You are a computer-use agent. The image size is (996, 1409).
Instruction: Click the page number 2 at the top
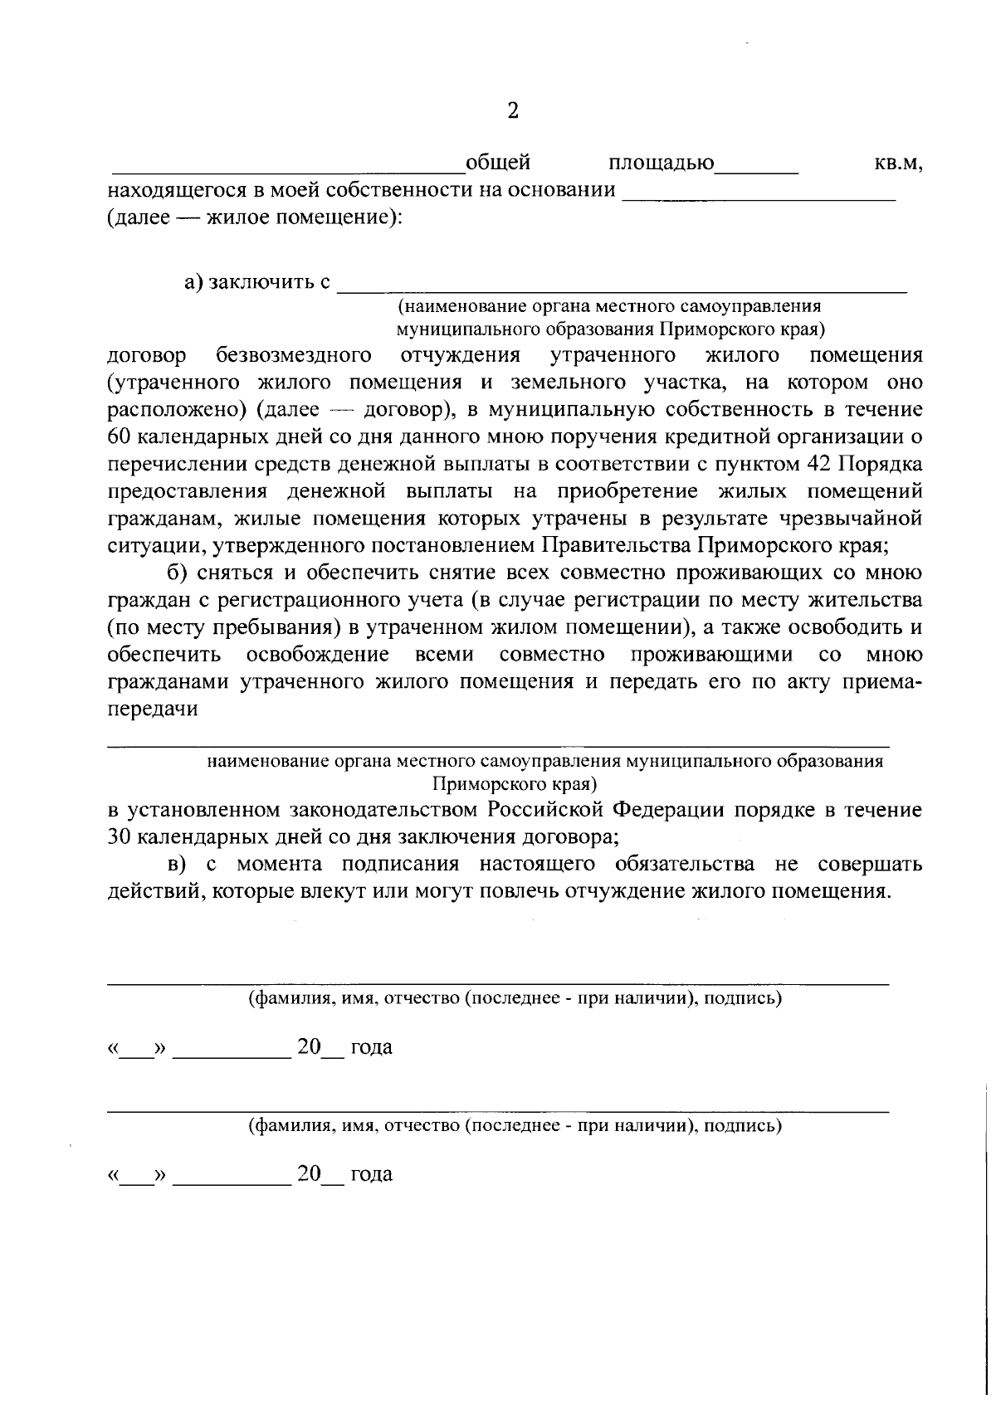point(512,111)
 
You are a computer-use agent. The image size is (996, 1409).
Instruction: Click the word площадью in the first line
point(661,163)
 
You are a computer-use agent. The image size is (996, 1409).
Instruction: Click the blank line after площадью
point(756,169)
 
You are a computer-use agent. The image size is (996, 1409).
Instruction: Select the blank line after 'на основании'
point(759,198)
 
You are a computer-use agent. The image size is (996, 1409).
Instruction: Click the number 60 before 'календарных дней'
point(120,437)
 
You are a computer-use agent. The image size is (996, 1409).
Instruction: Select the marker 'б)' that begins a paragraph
point(174,573)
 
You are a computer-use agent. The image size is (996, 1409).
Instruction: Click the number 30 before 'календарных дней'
point(120,836)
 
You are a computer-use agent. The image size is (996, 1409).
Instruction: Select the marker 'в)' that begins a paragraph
point(175,865)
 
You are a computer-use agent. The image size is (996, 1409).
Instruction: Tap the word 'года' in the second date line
point(371,1174)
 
